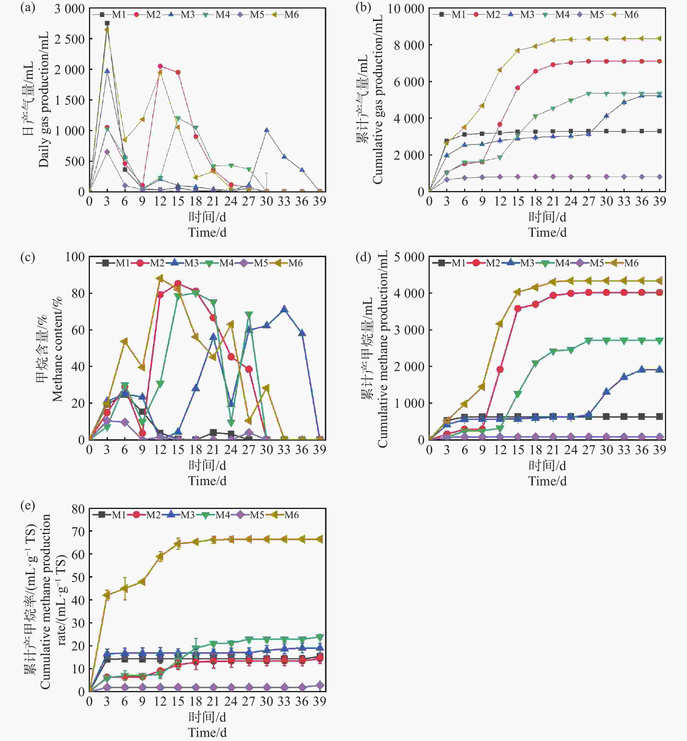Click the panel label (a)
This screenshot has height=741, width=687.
(27, 8)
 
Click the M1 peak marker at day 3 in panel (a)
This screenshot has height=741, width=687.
(107, 23)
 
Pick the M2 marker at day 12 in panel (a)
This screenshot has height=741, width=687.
(160, 66)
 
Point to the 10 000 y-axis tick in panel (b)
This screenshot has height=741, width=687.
(406, 9)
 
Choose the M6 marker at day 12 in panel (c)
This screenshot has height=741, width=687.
(160, 278)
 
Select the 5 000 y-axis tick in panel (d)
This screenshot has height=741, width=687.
(409, 257)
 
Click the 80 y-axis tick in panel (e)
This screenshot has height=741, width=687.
(78, 509)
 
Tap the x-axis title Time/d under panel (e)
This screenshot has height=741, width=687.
(207, 732)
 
